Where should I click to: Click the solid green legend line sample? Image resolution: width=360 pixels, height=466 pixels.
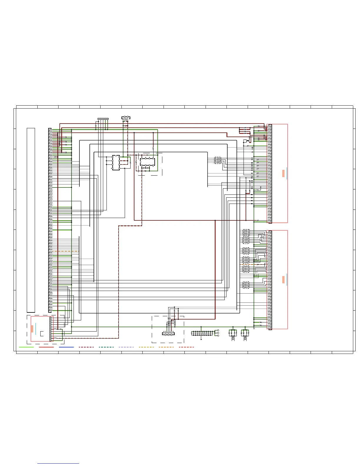26,347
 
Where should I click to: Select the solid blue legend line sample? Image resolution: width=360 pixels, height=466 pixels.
66,347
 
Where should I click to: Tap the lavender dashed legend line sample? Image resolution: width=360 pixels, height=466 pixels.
126,347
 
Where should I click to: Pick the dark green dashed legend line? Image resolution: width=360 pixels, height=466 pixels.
106,347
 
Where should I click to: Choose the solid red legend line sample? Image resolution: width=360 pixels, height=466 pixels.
46,347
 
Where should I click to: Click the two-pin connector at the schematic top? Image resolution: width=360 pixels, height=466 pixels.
126,118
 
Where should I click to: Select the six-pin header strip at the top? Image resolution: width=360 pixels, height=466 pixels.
103,119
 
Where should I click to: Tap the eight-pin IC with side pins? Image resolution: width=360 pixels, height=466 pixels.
116,162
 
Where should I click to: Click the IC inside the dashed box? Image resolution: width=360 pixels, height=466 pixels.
147,162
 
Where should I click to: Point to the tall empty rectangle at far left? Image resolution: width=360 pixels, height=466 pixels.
31,220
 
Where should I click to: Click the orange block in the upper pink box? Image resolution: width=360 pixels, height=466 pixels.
283,173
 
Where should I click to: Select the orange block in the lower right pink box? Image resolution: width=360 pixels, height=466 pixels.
283,279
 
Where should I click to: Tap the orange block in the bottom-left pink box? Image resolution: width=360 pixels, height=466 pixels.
32,329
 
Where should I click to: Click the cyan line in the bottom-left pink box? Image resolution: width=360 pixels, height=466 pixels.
36,329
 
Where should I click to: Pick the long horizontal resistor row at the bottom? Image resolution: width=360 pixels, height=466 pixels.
202,333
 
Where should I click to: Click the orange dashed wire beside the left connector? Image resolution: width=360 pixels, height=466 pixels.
66,251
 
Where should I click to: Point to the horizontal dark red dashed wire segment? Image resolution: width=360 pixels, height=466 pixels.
130,226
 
